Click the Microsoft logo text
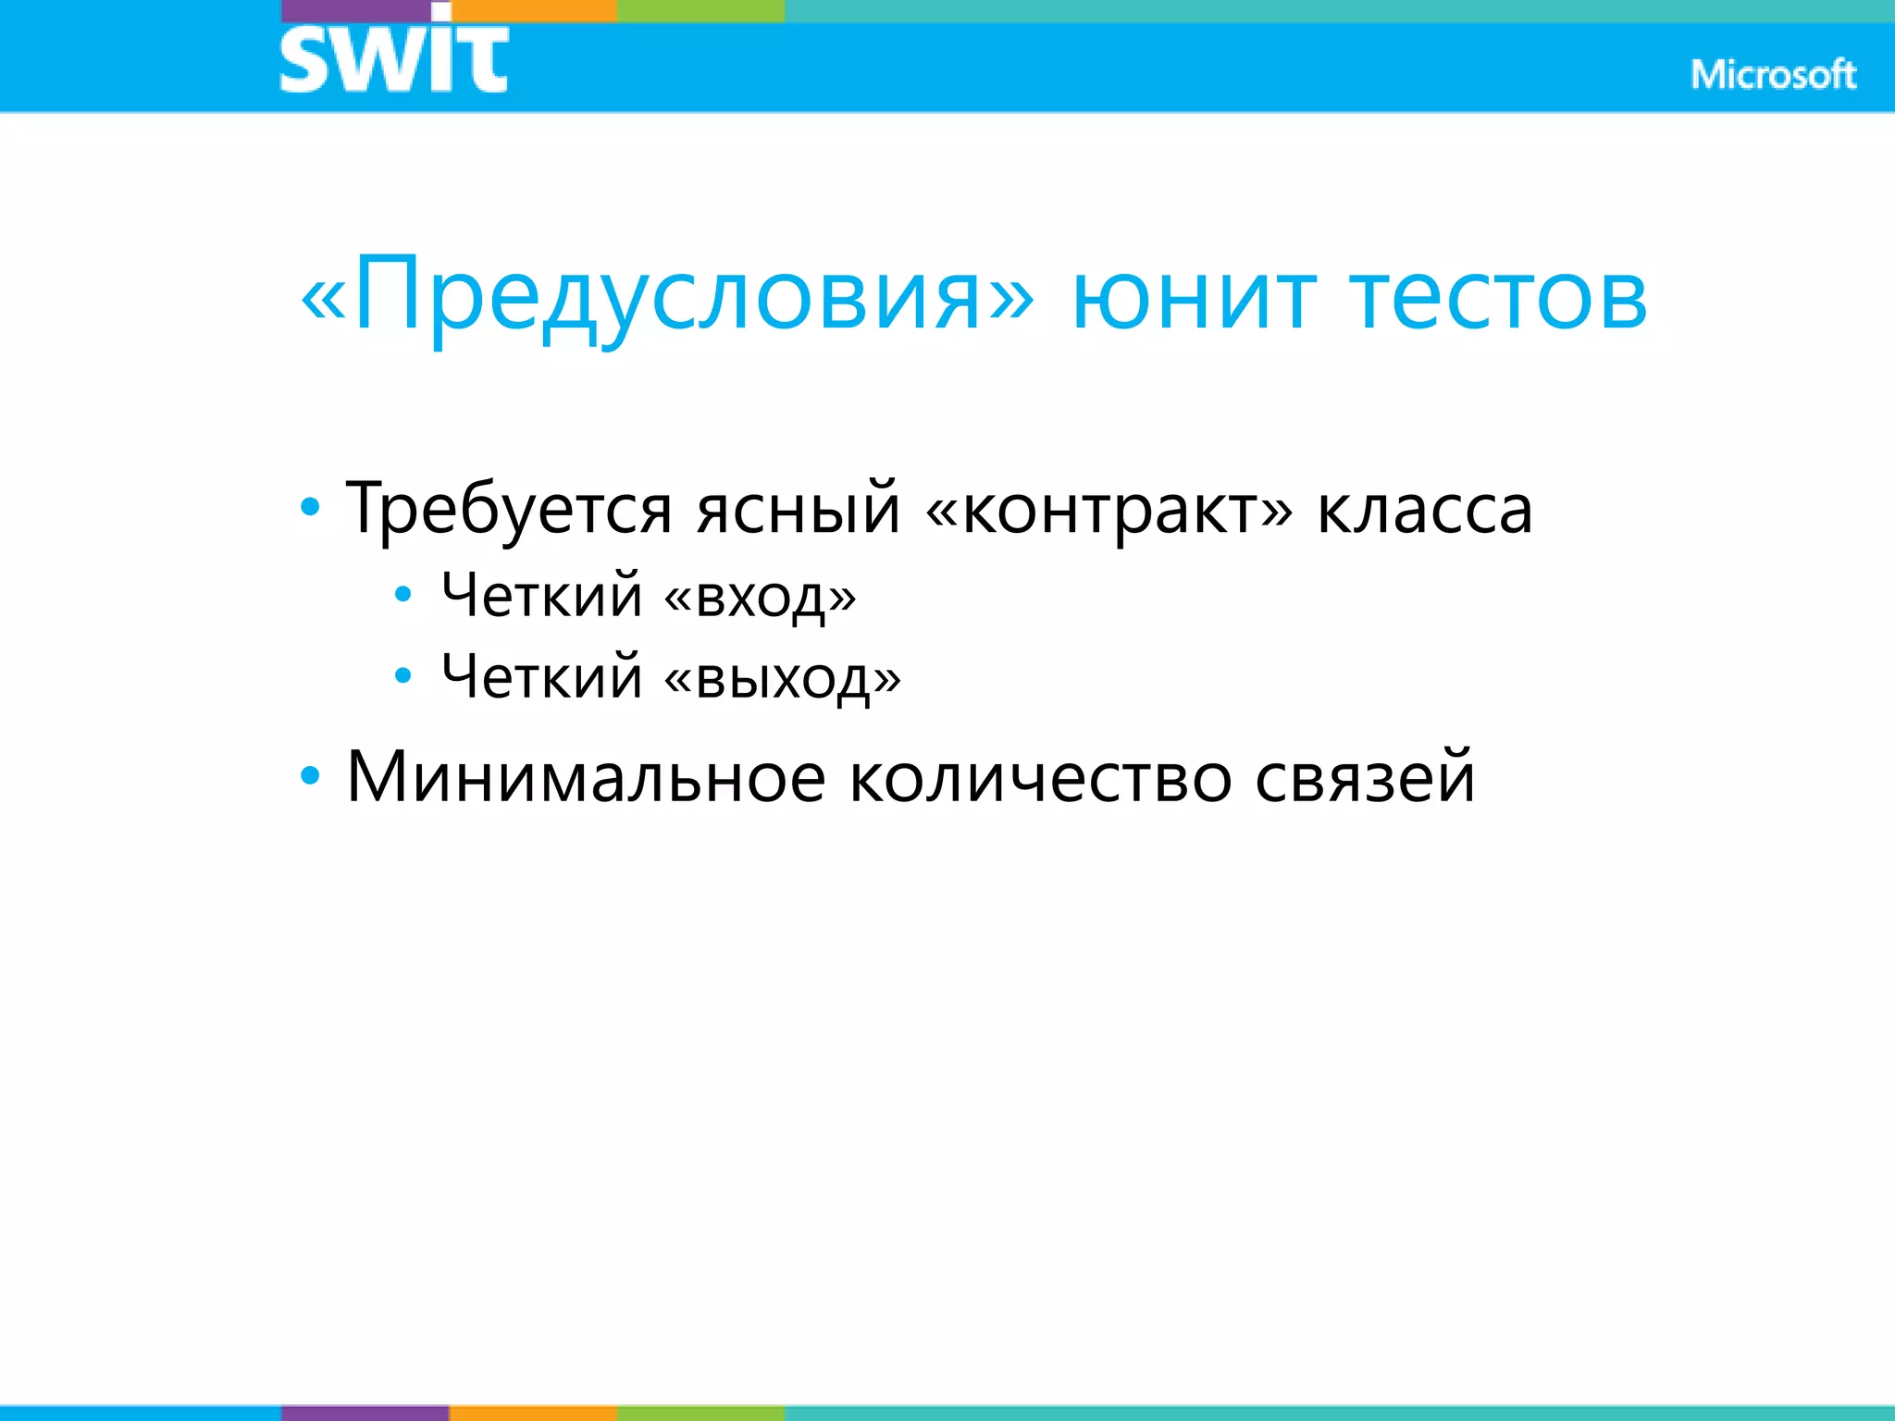tap(1773, 75)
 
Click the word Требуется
tap(509, 509)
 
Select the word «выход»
tap(783, 677)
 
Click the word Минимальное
tap(586, 777)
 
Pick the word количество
tap(1041, 777)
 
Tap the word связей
tap(1365, 777)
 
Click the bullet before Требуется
tap(311, 507)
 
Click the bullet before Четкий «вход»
tap(403, 595)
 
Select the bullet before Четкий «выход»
tap(403, 676)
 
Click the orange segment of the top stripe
tap(534, 10)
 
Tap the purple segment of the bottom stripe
tap(365, 1413)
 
